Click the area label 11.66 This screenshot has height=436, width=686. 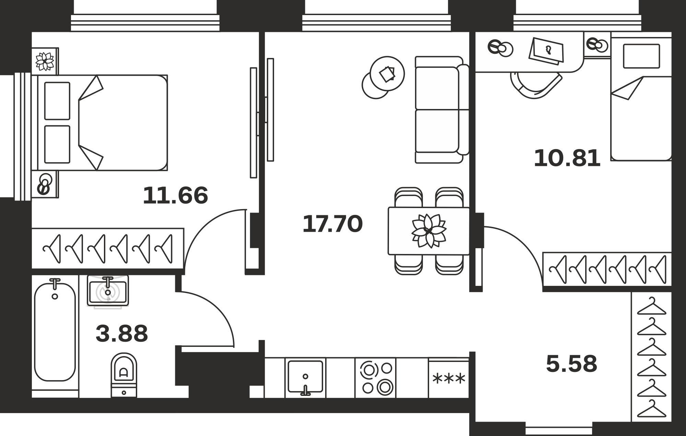175,195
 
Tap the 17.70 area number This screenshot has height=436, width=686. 332,224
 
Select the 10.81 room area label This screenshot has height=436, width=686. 567,158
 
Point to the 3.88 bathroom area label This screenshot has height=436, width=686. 122,334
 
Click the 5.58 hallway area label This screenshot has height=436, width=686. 571,364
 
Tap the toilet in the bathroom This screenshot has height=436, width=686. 124,375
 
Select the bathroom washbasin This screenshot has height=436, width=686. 108,291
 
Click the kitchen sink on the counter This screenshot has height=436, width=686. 305,377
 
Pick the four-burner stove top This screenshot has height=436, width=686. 376,378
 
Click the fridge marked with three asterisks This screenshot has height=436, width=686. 449,378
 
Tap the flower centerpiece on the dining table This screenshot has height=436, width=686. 429,230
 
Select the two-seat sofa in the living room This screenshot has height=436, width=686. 442,110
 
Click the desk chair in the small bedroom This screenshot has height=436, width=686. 536,85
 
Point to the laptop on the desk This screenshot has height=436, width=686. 547,51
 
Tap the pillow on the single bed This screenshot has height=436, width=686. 641,56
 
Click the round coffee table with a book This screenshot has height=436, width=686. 387,73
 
